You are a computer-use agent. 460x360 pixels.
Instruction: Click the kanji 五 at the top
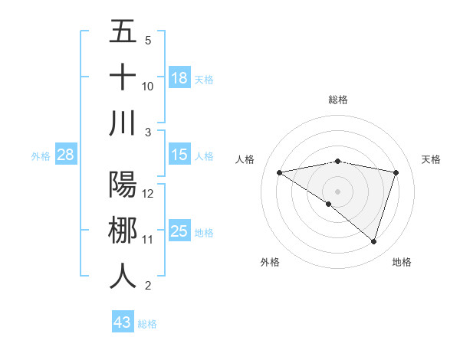[x=123, y=32]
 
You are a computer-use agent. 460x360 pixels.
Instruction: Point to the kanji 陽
[x=123, y=185]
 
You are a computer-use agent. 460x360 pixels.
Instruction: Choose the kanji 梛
[x=123, y=231]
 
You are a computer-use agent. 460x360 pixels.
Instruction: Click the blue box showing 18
[x=179, y=78]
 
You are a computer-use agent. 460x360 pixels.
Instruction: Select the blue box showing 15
[x=179, y=155]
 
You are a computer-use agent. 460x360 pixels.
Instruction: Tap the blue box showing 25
[x=179, y=231]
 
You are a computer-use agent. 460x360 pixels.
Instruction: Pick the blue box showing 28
[x=65, y=155]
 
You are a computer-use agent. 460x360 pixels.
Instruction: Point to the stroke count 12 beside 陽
[x=148, y=193]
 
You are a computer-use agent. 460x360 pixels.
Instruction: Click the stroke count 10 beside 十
[x=148, y=86]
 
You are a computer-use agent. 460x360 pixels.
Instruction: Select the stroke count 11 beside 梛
[x=148, y=240]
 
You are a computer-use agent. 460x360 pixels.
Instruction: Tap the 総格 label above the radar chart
[x=338, y=100]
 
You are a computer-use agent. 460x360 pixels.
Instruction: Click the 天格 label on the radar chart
[x=431, y=159]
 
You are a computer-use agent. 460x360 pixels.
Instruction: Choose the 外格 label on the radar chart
[x=270, y=262]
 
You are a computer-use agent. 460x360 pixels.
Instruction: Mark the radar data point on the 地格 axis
[x=374, y=241]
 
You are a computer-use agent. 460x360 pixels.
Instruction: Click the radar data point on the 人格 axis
[x=279, y=172]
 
